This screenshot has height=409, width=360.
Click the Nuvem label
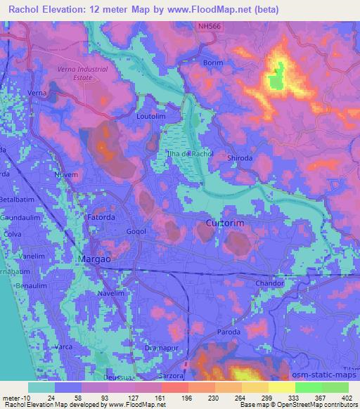click(65, 174)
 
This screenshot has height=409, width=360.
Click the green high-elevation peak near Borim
click(278, 76)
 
